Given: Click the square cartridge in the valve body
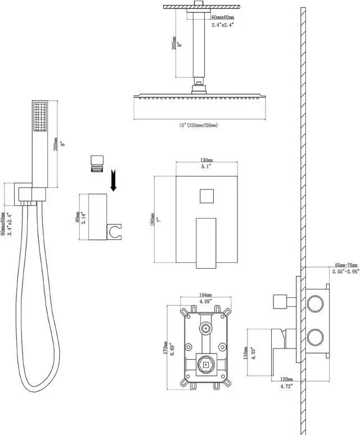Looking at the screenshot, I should (205, 365).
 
